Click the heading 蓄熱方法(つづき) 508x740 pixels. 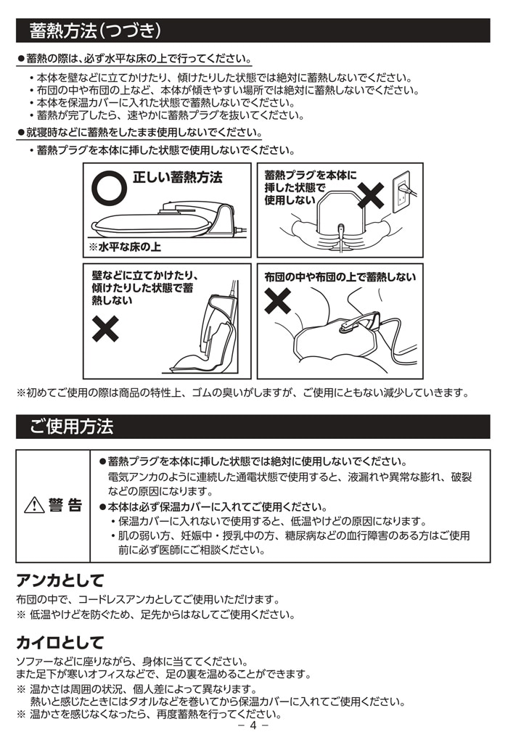94,31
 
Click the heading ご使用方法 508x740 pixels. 72,427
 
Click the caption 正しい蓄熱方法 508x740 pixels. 177,178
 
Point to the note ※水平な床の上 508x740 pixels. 125,247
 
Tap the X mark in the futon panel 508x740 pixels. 277,300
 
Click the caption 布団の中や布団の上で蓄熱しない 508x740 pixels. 340,276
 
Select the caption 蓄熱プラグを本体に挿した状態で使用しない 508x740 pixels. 300,187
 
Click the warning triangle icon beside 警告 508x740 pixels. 34,506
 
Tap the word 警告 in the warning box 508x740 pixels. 65,506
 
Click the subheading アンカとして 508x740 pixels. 60,580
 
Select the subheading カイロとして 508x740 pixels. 60,643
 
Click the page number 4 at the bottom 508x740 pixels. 253,725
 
